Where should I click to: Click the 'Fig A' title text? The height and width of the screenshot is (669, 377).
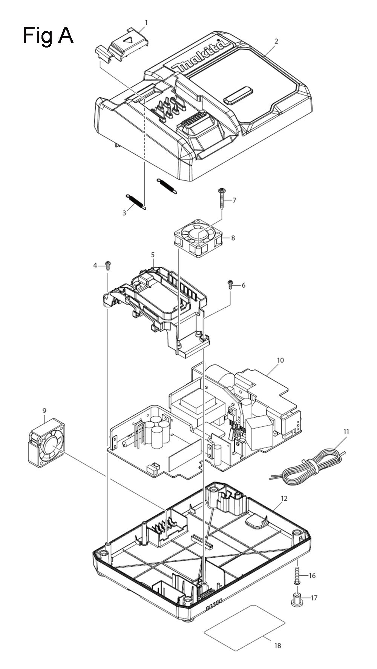tap(48, 36)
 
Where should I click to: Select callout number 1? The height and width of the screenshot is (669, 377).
tap(146, 23)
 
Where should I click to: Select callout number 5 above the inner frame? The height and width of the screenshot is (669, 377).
tap(153, 255)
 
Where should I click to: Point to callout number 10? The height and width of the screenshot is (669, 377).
tap(280, 360)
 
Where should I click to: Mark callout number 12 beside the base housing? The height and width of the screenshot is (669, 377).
tap(284, 498)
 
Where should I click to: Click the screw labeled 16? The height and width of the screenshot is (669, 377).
tap(297, 575)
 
